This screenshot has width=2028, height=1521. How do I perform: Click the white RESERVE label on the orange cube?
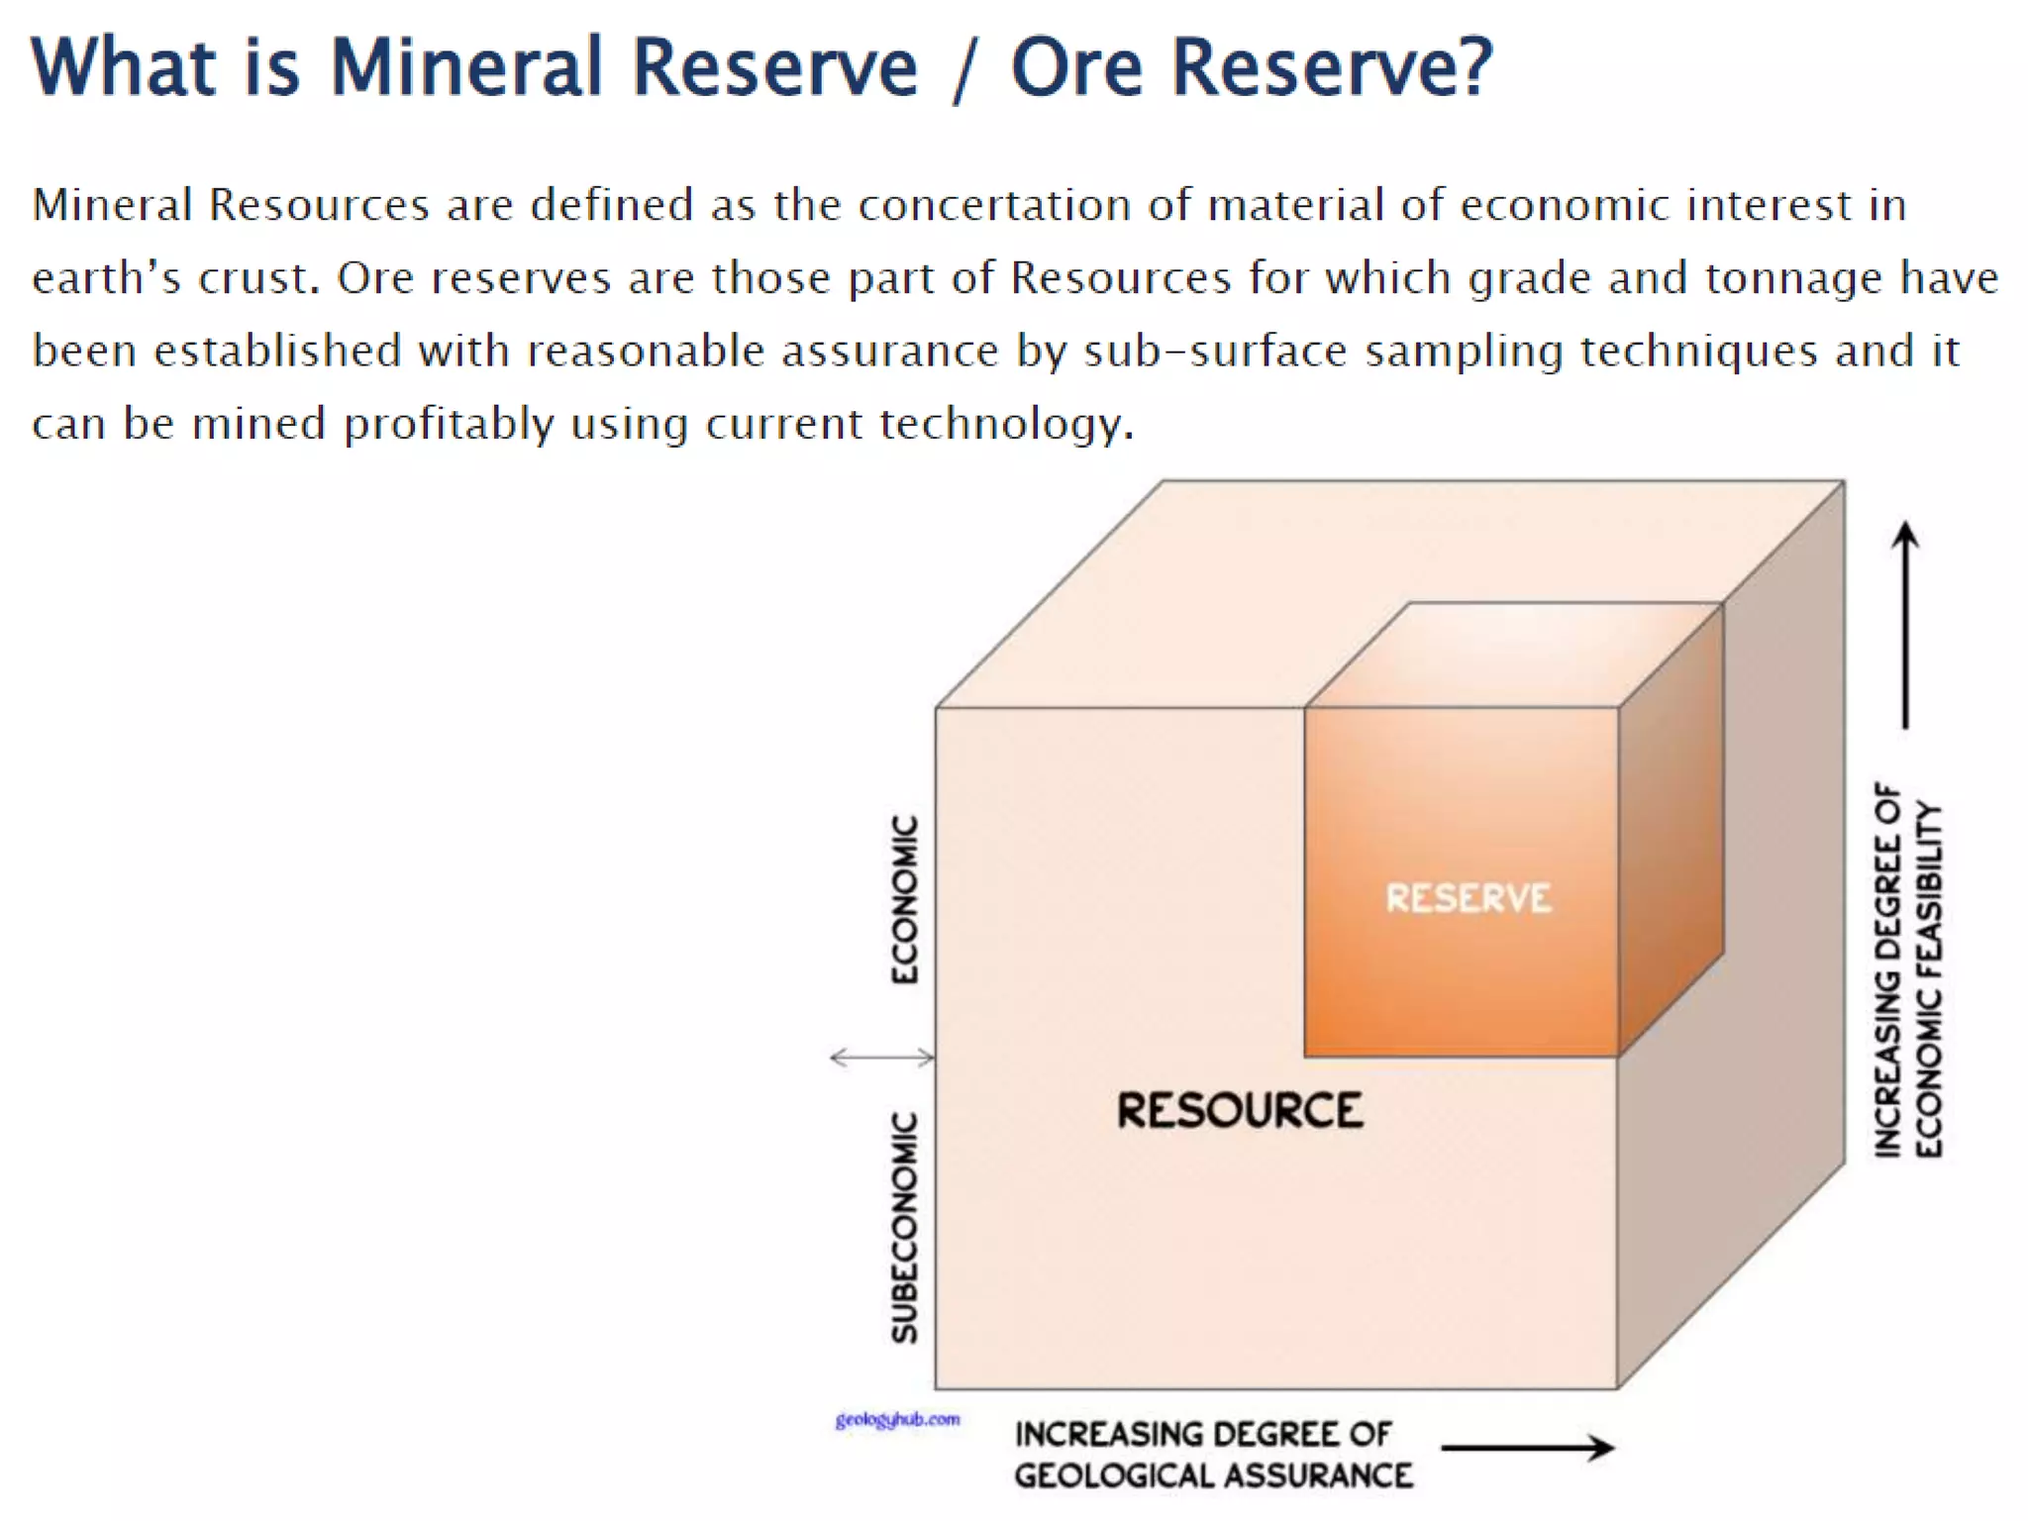pyautogui.click(x=1468, y=898)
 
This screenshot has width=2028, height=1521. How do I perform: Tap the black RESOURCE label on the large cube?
pyautogui.click(x=1240, y=1110)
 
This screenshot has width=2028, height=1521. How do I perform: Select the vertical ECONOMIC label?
pyautogui.click(x=904, y=899)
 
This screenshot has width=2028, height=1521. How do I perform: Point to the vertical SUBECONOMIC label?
pyautogui.click(x=904, y=1227)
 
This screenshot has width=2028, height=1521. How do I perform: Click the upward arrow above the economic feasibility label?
pyautogui.click(x=1905, y=624)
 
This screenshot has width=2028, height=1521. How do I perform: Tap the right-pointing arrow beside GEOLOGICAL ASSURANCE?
pyautogui.click(x=1528, y=1448)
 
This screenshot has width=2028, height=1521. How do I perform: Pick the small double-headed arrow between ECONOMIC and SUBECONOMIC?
pyautogui.click(x=881, y=1058)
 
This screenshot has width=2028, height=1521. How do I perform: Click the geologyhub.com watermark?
pyautogui.click(x=897, y=1420)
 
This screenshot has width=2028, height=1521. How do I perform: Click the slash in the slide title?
pyautogui.click(x=963, y=69)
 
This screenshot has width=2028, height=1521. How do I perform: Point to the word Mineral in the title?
pyautogui.click(x=465, y=67)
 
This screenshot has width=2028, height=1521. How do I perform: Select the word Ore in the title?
pyautogui.click(x=1076, y=67)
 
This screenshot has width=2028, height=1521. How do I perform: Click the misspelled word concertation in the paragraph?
pyautogui.click(x=994, y=205)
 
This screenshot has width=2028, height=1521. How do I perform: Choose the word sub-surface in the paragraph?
pyautogui.click(x=1215, y=352)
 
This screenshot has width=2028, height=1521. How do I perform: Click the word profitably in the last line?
pyautogui.click(x=449, y=425)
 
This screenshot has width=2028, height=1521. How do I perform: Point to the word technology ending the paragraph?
pyautogui.click(x=1006, y=425)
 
